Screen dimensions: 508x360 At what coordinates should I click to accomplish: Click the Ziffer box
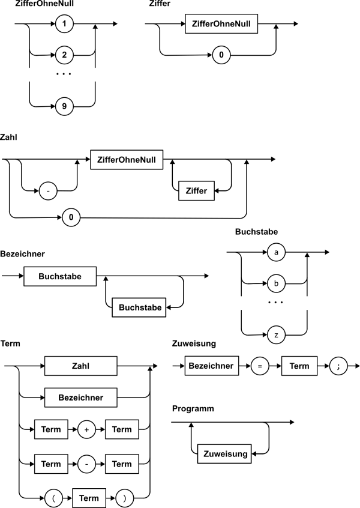(x=196, y=191)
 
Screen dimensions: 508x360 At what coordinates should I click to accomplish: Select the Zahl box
(x=80, y=366)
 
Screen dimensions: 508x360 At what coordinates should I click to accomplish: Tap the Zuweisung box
(x=224, y=454)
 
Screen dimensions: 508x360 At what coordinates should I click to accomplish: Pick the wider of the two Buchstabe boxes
(x=60, y=276)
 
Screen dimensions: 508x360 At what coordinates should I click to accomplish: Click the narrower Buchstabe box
(x=139, y=307)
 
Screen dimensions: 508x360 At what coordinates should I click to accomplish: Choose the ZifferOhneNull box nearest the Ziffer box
(x=127, y=160)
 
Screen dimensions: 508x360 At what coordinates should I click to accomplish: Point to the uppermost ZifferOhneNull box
(x=221, y=24)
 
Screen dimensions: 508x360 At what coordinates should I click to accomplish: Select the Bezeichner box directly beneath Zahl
(x=80, y=398)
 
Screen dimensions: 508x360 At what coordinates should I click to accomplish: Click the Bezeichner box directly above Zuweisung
(x=211, y=366)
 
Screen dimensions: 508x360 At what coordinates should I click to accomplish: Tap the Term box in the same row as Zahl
(x=299, y=366)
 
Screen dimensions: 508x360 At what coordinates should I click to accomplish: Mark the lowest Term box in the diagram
(x=89, y=498)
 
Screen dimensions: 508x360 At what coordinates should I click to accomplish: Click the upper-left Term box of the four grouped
(x=51, y=429)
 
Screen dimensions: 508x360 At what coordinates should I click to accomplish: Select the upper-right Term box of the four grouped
(x=122, y=429)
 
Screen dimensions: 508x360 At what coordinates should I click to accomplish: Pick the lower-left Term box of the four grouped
(x=51, y=464)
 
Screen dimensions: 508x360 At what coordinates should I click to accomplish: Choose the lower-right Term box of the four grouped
(x=122, y=464)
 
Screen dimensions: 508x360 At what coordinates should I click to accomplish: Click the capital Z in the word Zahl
(x=74, y=366)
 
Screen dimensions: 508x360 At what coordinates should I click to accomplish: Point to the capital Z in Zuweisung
(x=206, y=454)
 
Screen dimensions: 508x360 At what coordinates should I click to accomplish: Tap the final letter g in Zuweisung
(x=244, y=455)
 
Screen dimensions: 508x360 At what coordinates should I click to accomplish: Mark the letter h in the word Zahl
(x=85, y=366)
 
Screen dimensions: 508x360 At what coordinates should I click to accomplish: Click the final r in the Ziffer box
(x=205, y=191)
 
